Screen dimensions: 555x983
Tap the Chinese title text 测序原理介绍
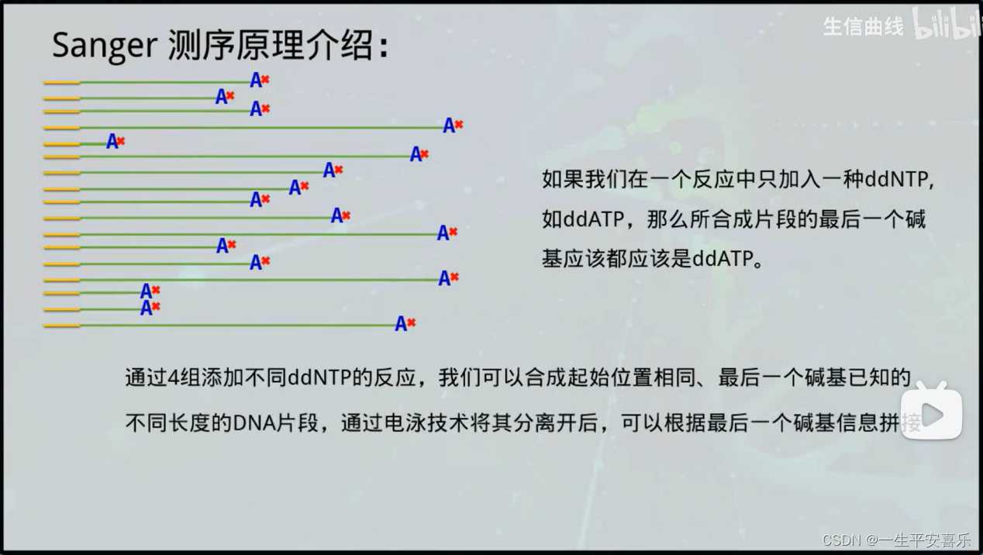[271, 47]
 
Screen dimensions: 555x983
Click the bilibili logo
[947, 25]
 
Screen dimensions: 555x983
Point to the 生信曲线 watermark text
[863, 27]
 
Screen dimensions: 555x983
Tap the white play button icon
[931, 415]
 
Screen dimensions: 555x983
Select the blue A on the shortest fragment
[112, 142]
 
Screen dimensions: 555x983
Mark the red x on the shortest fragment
[121, 141]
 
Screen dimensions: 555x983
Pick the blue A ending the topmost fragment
[256, 80]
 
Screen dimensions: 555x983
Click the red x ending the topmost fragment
[265, 79]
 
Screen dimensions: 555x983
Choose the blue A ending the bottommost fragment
[401, 324]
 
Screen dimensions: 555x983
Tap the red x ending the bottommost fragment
[411, 322]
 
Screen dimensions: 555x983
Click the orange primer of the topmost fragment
[61, 82]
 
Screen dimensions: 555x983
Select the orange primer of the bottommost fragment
[61, 326]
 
